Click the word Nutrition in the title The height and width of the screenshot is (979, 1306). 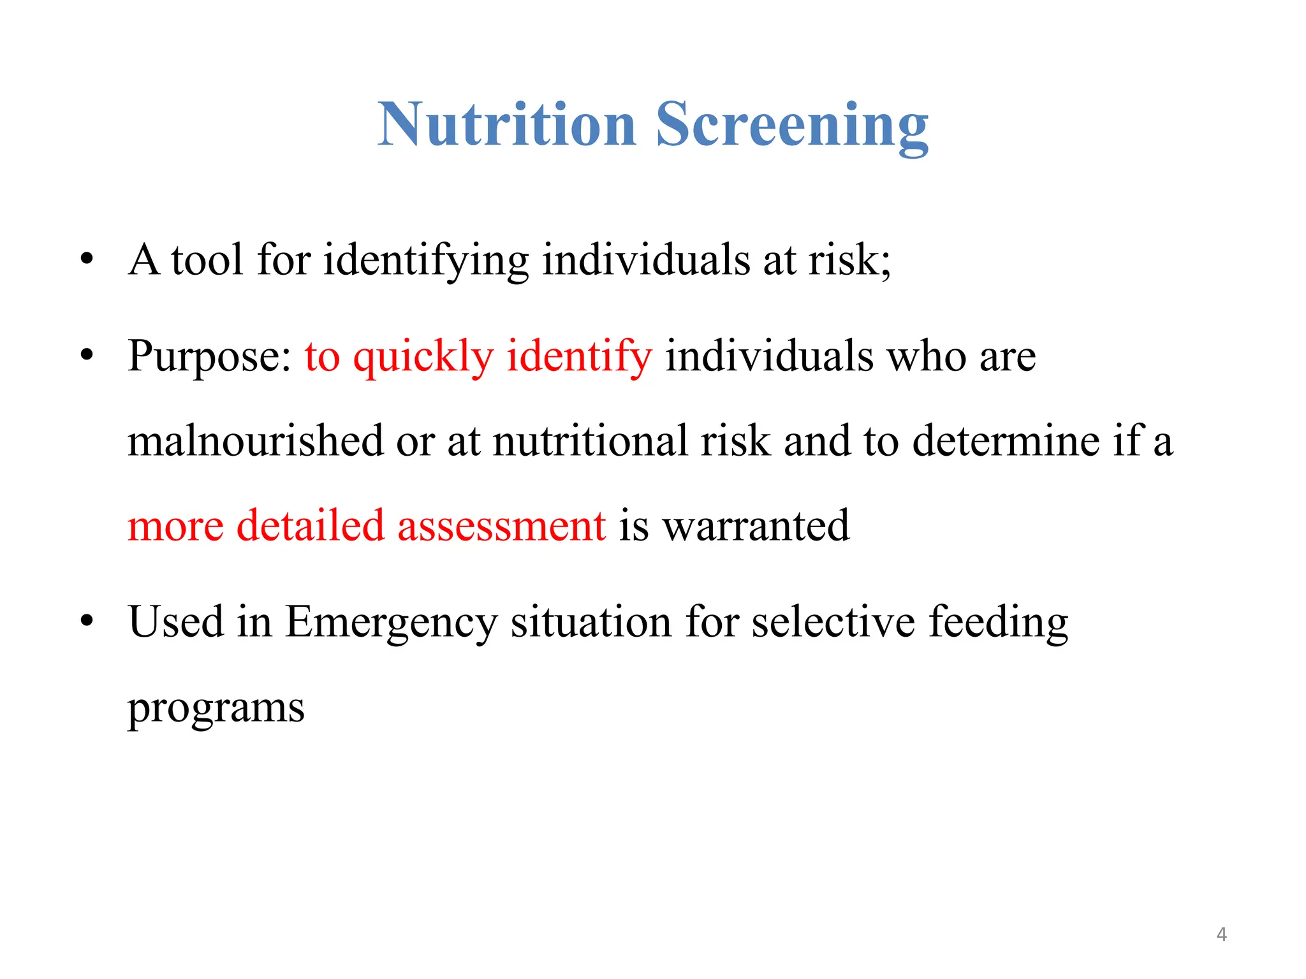[507, 125]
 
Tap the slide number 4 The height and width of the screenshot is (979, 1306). [1221, 934]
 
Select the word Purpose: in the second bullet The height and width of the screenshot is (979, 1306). [209, 356]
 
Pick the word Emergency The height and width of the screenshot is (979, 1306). [390, 622]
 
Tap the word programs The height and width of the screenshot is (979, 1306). [216, 707]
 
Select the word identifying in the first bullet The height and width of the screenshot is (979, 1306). [425, 261]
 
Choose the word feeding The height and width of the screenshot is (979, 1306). [998, 622]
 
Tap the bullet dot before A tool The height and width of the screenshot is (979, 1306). [87, 260]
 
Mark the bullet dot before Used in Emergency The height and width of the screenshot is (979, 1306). [87, 621]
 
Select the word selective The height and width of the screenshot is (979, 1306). [833, 622]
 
